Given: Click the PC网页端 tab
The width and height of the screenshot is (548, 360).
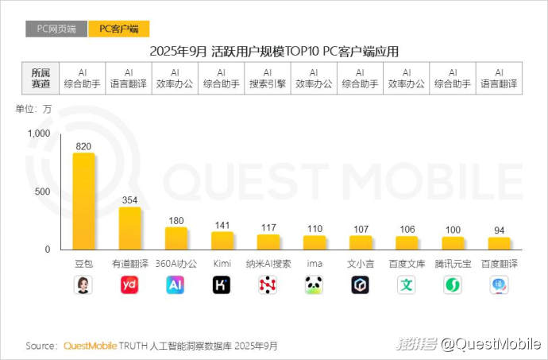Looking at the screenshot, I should (x=56, y=29).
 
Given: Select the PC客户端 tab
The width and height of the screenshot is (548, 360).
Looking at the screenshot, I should (x=118, y=29).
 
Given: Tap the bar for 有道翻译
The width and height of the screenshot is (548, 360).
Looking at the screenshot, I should (x=129, y=228).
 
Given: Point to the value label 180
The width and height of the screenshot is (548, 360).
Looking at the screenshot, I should (x=176, y=219).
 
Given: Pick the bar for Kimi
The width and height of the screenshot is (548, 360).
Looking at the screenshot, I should (x=222, y=240).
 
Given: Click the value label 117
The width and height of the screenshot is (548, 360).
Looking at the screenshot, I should (x=268, y=227).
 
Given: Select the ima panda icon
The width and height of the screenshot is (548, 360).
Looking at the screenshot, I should (x=315, y=285).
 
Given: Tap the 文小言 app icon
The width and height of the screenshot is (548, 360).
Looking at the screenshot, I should (x=361, y=285).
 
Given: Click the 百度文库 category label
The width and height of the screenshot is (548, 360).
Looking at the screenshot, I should (x=407, y=263).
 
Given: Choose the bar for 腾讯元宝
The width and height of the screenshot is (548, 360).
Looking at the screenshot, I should (x=453, y=243).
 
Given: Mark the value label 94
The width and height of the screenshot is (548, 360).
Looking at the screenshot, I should (x=499, y=230).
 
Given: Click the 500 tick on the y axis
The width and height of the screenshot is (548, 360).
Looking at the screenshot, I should (x=43, y=192).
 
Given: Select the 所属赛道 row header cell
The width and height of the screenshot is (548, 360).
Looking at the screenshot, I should (x=40, y=78).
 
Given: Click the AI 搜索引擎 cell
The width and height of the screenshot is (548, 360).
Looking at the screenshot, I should (x=268, y=78).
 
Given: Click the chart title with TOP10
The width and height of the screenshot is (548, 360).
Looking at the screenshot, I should (x=274, y=52).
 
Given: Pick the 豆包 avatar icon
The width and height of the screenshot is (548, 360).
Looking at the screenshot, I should (x=83, y=285).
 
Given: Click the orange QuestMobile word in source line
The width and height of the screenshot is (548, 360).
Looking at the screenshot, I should (x=90, y=346).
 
